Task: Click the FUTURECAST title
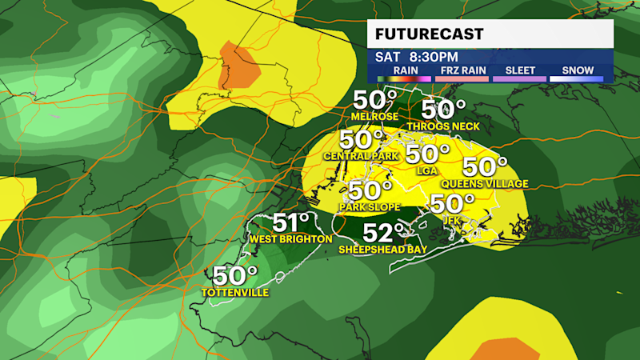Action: tap(430, 34)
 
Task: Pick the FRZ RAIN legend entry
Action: tap(461, 70)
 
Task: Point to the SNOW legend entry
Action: tap(576, 70)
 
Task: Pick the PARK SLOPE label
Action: tap(370, 208)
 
